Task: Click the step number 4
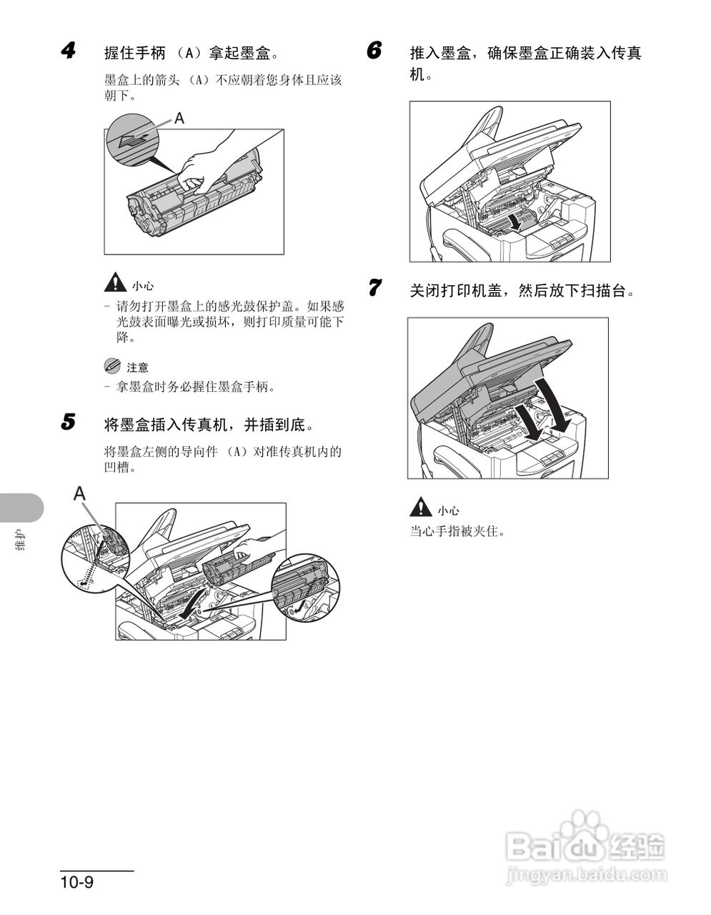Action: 69,51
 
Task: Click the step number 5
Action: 69,422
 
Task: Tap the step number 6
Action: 374,51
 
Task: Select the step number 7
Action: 374,289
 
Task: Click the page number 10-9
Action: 77,882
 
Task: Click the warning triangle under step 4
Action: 114,285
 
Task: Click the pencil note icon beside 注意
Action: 113,366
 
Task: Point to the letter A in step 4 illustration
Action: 179,119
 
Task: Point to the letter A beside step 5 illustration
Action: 80,493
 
